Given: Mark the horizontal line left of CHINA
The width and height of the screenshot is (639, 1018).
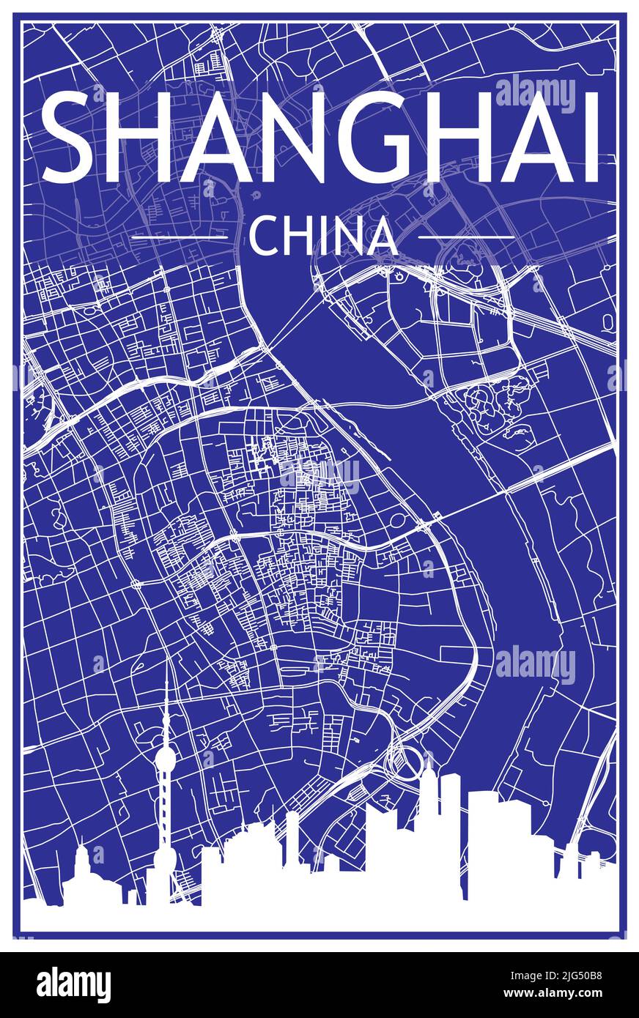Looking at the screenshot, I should [x=179, y=237].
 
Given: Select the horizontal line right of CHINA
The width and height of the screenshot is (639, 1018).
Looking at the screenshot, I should [x=466, y=237].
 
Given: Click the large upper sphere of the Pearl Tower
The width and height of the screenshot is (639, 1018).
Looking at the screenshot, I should [x=165, y=757].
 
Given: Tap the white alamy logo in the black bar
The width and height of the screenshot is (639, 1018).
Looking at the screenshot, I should [x=73, y=985].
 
